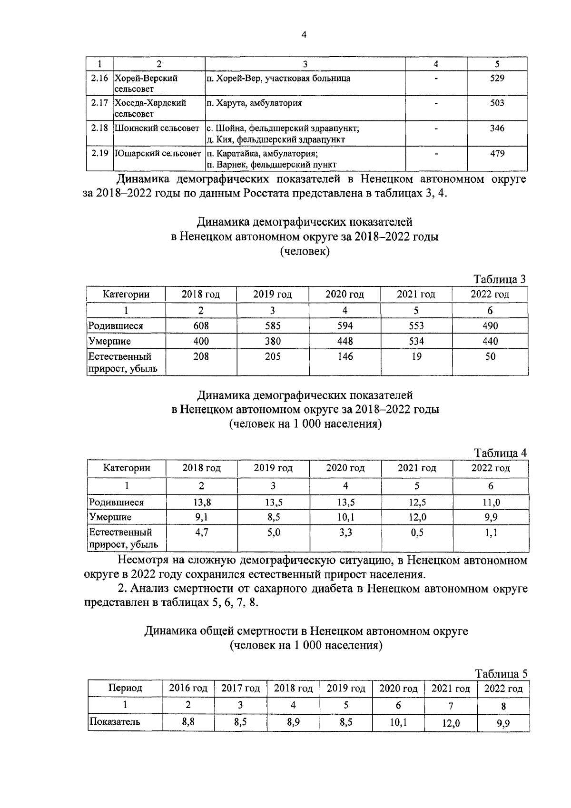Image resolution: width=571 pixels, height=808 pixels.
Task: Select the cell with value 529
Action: [497, 78]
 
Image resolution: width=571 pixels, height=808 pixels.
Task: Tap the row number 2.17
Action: [99, 103]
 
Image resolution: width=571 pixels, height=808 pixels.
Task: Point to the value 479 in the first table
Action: [497, 153]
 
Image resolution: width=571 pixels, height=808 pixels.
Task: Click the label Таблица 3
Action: [500, 279]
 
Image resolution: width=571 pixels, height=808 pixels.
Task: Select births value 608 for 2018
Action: [201, 326]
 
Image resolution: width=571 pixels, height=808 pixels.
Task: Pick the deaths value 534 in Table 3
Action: [416, 341]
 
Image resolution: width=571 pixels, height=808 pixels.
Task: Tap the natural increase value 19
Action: [416, 356]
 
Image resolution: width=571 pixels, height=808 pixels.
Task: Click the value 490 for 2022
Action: [490, 326]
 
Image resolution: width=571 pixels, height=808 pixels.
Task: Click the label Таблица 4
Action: [500, 453]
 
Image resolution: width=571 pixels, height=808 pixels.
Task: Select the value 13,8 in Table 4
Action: [201, 502]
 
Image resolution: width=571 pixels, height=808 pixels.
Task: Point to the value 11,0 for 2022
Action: [491, 502]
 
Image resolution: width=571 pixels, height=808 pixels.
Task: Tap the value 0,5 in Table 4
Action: [417, 532]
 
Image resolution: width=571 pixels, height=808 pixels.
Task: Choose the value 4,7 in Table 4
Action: [201, 532]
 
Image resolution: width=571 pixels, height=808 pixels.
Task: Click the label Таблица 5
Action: [501, 674]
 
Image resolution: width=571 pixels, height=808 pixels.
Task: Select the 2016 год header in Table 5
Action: [188, 689]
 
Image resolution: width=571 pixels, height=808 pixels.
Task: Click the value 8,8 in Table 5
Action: [188, 722]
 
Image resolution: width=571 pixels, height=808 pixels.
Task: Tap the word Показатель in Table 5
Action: [115, 722]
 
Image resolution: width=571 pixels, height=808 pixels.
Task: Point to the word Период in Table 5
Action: [125, 688]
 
